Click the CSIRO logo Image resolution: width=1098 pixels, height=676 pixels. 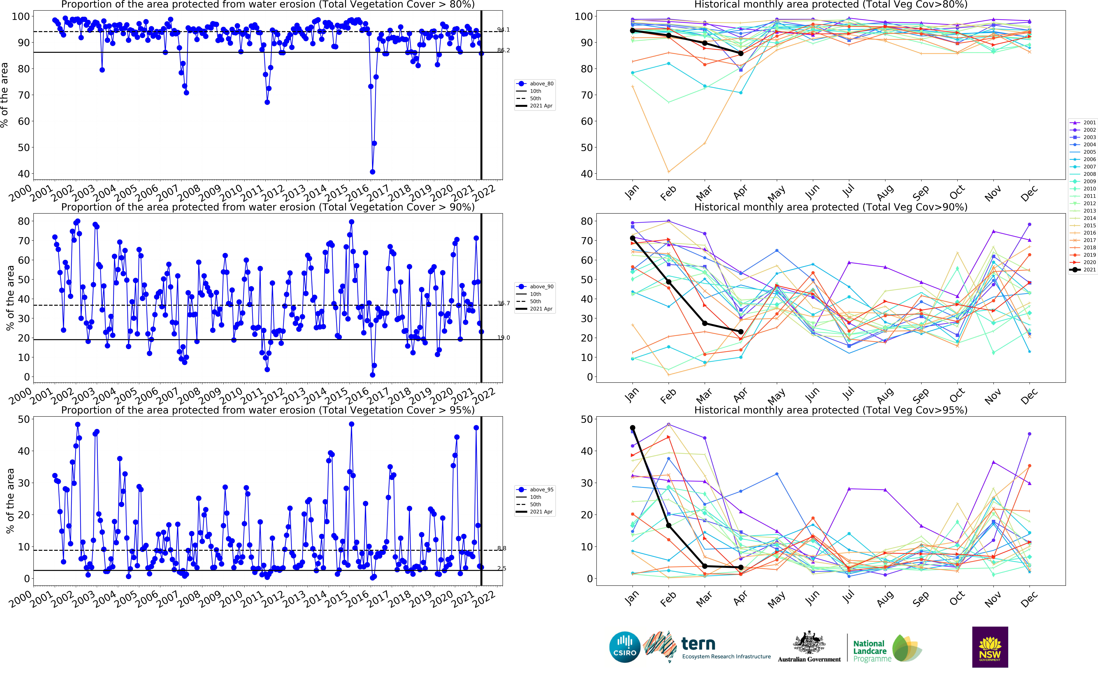[625, 647]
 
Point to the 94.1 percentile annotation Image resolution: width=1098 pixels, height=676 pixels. [503, 29]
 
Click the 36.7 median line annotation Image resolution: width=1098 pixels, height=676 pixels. [503, 303]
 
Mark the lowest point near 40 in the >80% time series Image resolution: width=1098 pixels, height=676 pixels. [372, 172]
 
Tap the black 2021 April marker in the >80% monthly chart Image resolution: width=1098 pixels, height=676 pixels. [740, 53]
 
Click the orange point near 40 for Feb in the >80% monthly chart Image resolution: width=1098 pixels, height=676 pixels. [668, 172]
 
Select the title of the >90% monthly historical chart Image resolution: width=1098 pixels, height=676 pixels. [830, 207]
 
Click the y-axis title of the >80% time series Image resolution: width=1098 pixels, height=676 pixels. [4, 95]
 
